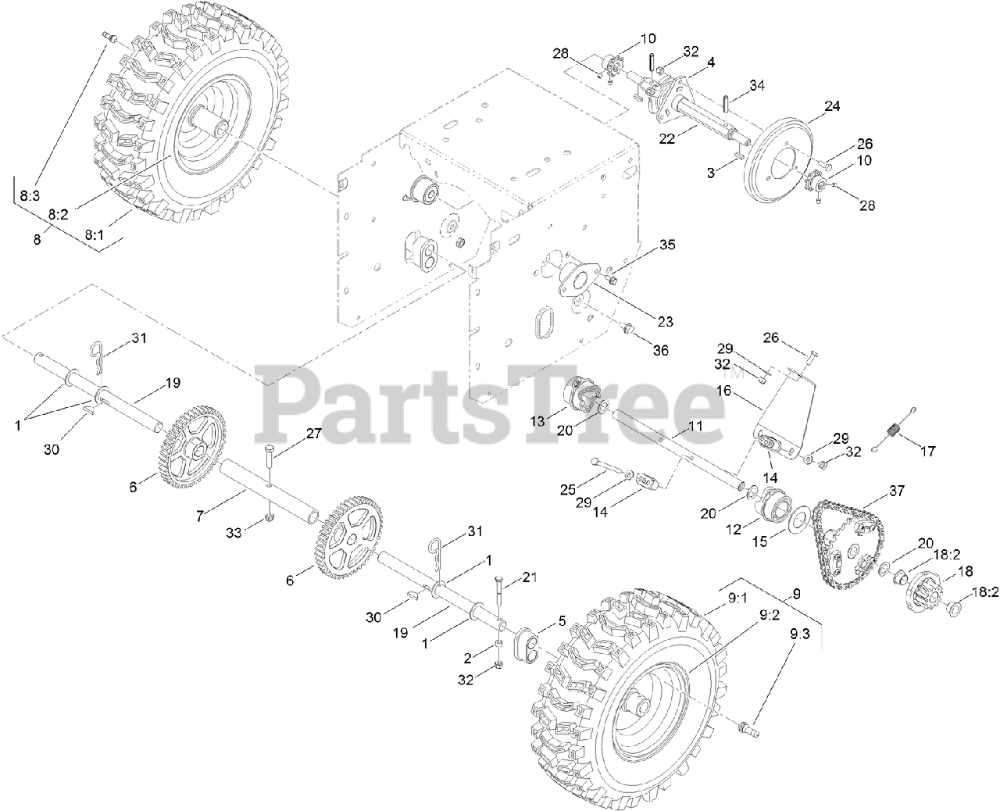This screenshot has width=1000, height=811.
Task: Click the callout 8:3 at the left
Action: point(30,197)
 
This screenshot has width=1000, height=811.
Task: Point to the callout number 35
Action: point(666,244)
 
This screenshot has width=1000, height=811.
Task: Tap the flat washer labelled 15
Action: point(798,520)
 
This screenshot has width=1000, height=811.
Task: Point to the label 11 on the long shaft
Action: point(695,426)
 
